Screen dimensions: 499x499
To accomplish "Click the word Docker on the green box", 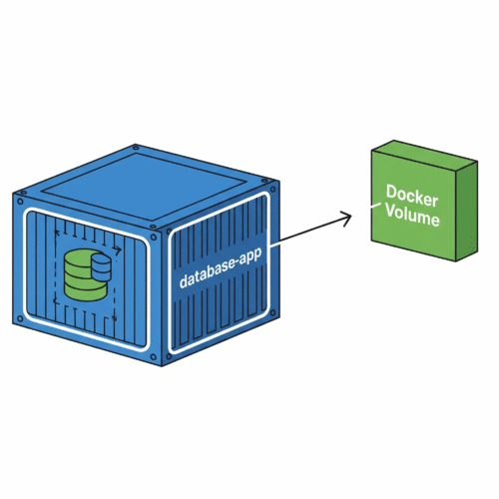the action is (x=412, y=196).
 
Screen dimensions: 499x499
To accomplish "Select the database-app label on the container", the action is (x=221, y=266).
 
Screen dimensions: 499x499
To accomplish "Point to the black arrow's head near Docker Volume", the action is (x=346, y=219).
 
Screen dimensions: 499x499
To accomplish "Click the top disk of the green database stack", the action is (x=79, y=257).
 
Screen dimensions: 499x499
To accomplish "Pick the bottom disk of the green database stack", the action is (x=86, y=291).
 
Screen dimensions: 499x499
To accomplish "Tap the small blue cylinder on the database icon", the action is (x=101, y=267).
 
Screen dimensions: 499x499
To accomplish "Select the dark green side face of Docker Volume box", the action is (x=466, y=211).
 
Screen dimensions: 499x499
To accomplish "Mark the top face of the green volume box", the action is (x=425, y=152).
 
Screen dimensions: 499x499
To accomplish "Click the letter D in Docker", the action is (x=391, y=192).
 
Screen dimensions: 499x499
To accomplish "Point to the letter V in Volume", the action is (x=392, y=211).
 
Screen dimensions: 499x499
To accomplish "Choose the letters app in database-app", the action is (x=251, y=257).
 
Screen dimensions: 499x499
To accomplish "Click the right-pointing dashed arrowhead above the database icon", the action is (x=118, y=250).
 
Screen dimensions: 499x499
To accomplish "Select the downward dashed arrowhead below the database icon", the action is (x=115, y=318).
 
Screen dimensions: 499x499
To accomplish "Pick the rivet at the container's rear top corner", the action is (x=135, y=147).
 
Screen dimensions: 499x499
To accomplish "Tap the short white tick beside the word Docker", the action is (x=376, y=205).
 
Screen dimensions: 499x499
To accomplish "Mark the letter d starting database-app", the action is (x=184, y=280).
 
